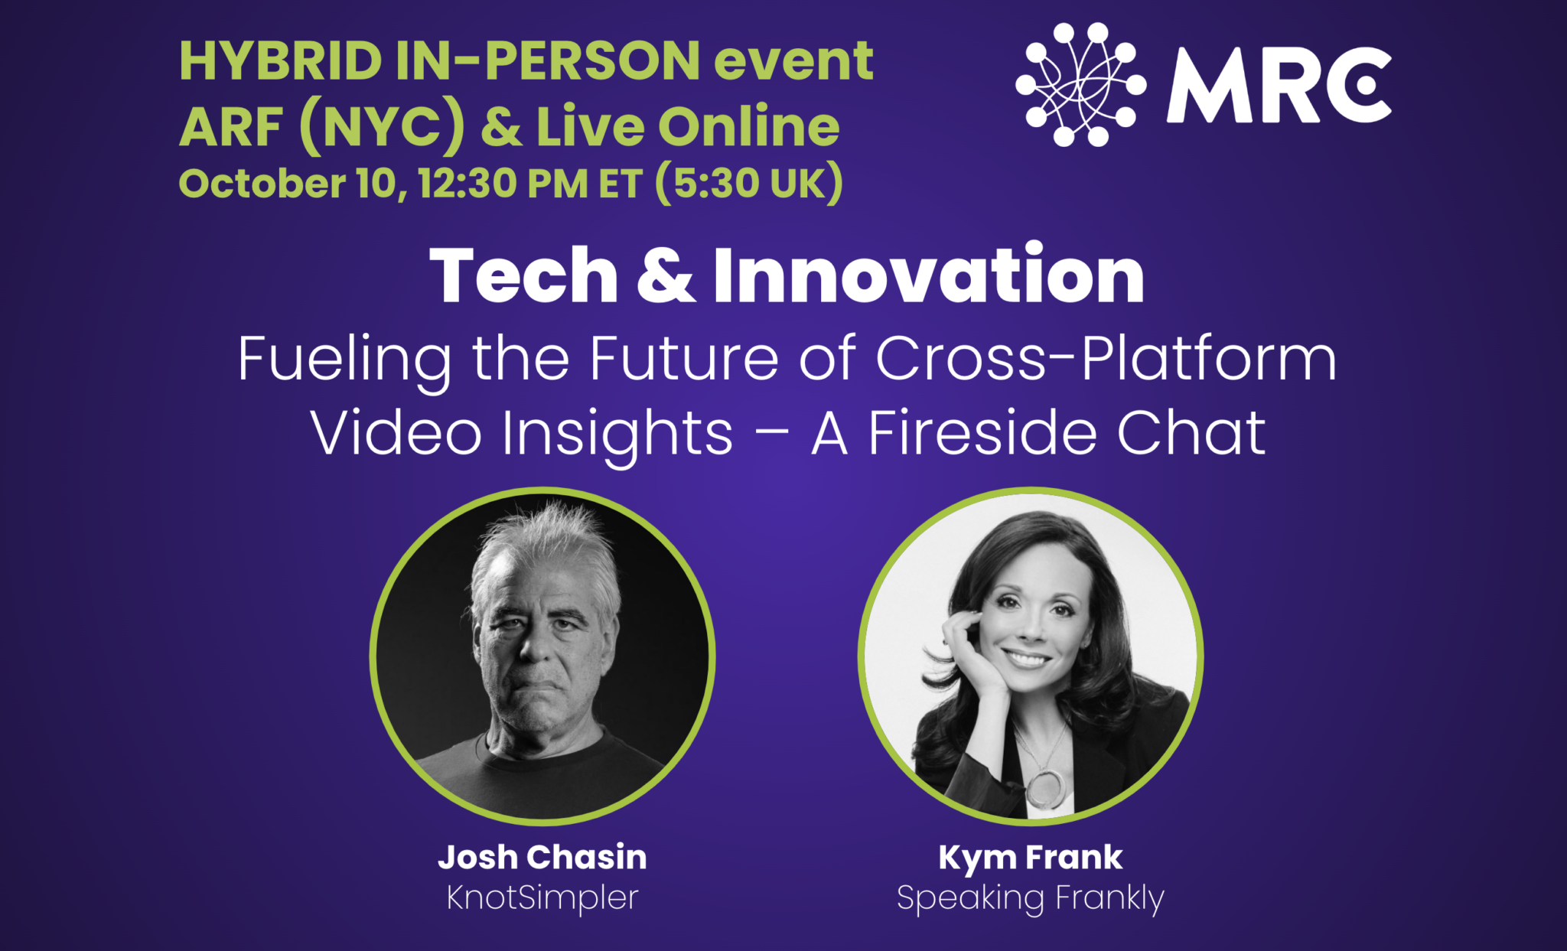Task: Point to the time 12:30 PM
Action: click(x=503, y=184)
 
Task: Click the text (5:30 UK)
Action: click(x=749, y=184)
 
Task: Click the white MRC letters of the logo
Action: click(x=1278, y=86)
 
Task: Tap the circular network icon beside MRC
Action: click(x=1080, y=85)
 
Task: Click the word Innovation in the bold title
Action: click(x=928, y=276)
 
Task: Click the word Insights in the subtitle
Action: click(x=617, y=434)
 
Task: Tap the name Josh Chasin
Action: click(x=542, y=857)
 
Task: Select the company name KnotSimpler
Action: click(x=542, y=897)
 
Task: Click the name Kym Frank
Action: click(x=1030, y=857)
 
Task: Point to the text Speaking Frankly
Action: click(x=1030, y=898)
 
